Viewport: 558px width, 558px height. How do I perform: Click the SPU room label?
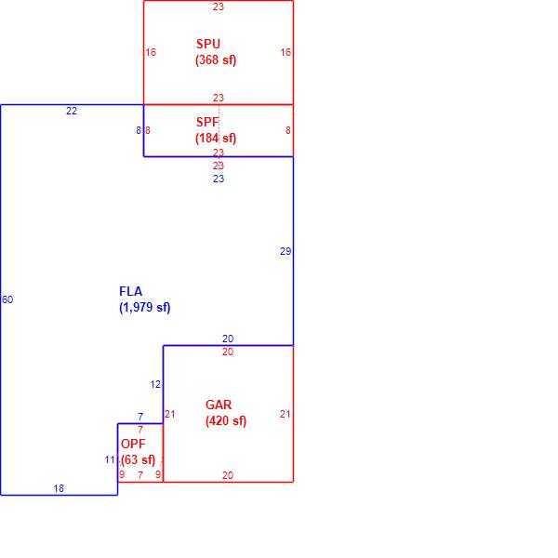pyautogui.click(x=208, y=44)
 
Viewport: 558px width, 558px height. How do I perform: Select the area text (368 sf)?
pyautogui.click(x=216, y=60)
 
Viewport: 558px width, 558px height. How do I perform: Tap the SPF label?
pyautogui.click(x=207, y=122)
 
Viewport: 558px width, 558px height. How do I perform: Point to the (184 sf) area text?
pyautogui.click(x=216, y=138)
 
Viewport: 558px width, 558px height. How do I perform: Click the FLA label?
pyautogui.click(x=130, y=291)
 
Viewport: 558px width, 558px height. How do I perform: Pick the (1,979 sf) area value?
pyautogui.click(x=145, y=307)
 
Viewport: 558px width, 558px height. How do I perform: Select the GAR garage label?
pyautogui.click(x=219, y=405)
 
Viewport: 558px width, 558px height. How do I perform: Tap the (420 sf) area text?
pyautogui.click(x=226, y=421)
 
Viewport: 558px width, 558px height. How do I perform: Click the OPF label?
pyautogui.click(x=133, y=444)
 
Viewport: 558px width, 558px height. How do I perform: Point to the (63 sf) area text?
pyautogui.click(x=138, y=459)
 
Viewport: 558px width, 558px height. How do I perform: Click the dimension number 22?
pyautogui.click(x=72, y=111)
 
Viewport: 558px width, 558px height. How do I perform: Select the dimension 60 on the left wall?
pyautogui.click(x=7, y=299)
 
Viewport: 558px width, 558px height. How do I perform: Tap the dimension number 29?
pyautogui.click(x=286, y=252)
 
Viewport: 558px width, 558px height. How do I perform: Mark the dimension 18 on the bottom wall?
pyautogui.click(x=59, y=488)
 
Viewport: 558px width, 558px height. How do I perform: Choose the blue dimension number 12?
pyautogui.click(x=155, y=385)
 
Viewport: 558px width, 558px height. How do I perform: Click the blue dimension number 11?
pyautogui.click(x=110, y=460)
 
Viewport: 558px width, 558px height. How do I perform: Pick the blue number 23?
pyautogui.click(x=219, y=179)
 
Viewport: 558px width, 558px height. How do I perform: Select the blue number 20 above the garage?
pyautogui.click(x=228, y=339)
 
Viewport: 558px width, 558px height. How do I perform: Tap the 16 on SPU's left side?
pyautogui.click(x=151, y=52)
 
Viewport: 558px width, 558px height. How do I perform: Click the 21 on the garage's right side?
pyautogui.click(x=286, y=414)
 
